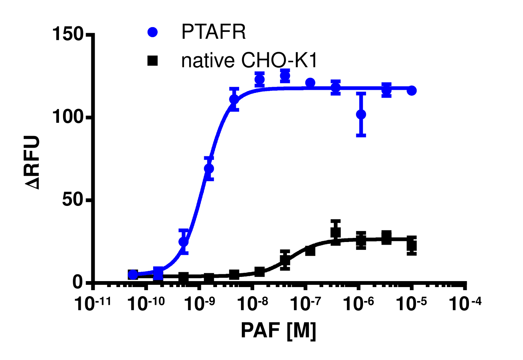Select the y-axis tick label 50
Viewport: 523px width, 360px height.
[x=72, y=200]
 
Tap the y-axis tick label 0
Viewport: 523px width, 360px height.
[x=78, y=282]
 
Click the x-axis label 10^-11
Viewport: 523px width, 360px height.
[x=93, y=304]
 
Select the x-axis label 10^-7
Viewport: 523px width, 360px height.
[x=305, y=304]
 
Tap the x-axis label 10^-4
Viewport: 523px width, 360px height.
[x=465, y=304]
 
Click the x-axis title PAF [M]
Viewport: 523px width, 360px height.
[x=278, y=331]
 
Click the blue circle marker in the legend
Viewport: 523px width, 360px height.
[x=152, y=32]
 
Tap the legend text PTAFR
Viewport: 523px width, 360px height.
[x=213, y=32]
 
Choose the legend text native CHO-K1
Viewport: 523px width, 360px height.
[x=249, y=61]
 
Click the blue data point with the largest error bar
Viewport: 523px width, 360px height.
[x=361, y=114]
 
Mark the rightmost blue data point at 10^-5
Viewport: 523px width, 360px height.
[x=411, y=91]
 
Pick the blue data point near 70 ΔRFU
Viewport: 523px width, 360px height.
[x=209, y=169]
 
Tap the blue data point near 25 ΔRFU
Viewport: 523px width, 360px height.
[x=184, y=242]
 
